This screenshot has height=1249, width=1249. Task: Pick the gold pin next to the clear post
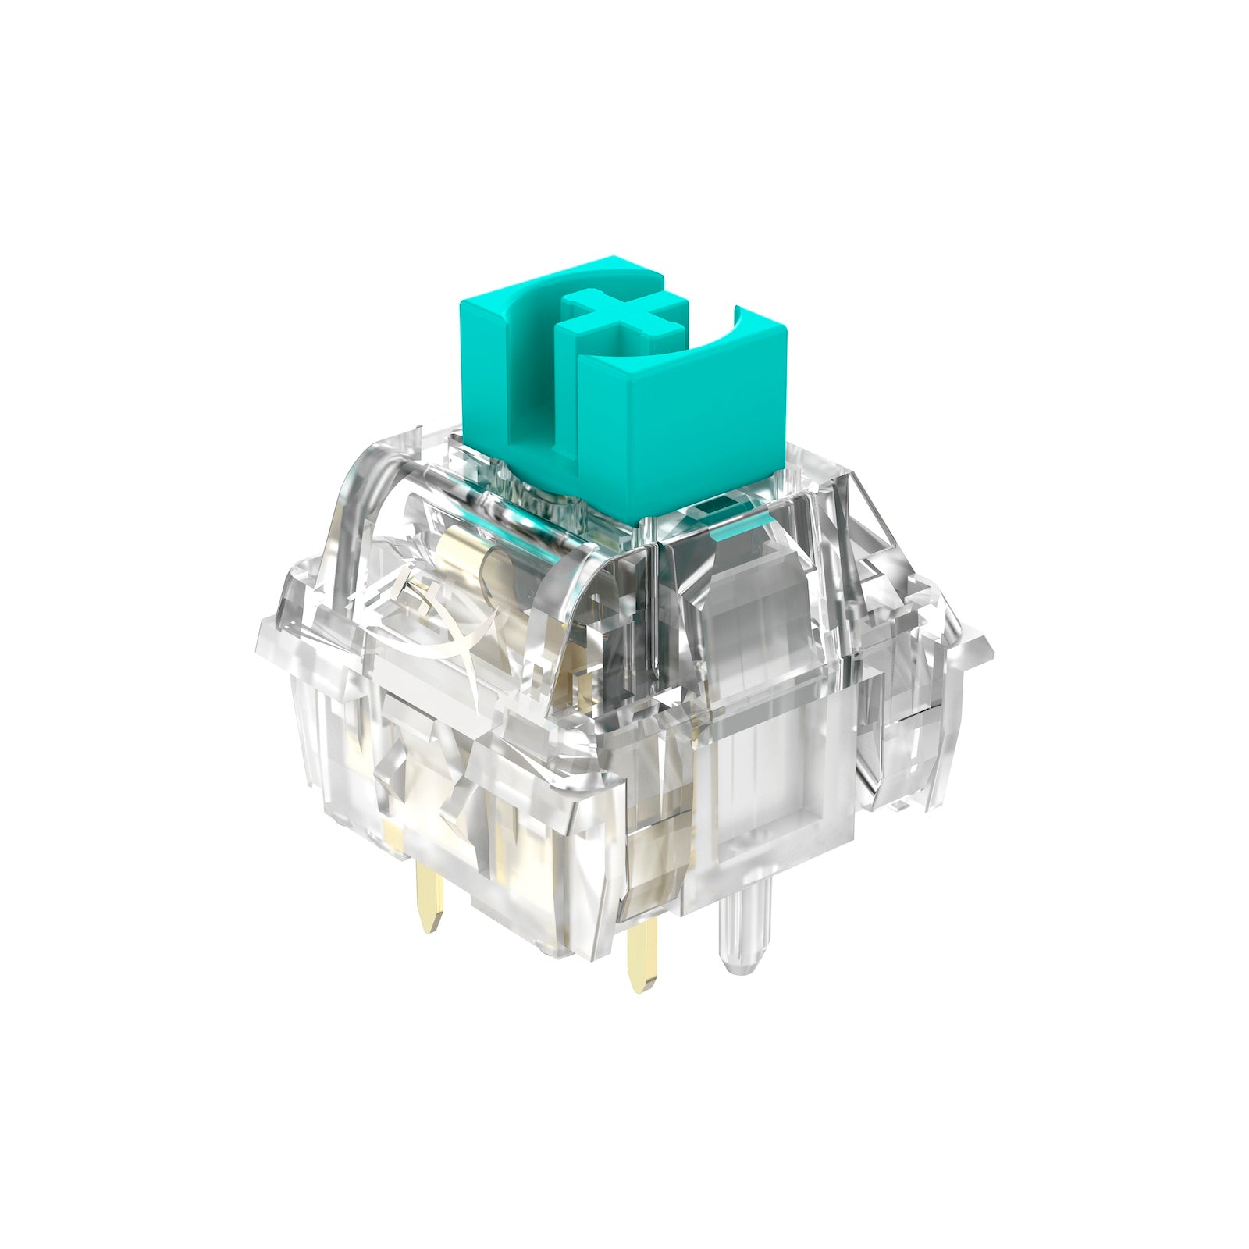pos(641,952)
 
